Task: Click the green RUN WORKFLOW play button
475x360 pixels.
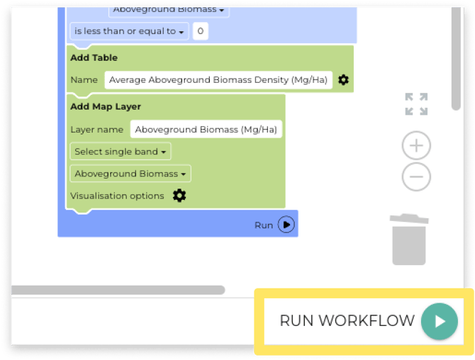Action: click(x=440, y=321)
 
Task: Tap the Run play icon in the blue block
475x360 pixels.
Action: click(x=286, y=225)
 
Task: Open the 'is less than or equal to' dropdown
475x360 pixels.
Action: click(x=129, y=31)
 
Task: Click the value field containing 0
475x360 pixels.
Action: click(x=200, y=31)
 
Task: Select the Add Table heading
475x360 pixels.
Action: click(x=94, y=57)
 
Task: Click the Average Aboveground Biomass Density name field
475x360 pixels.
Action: click(x=218, y=80)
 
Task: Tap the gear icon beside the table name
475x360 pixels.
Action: click(x=343, y=80)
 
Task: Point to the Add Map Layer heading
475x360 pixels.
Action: click(x=106, y=106)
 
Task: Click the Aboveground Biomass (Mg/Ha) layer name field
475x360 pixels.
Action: click(x=206, y=130)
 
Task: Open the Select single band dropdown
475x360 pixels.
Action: click(x=121, y=152)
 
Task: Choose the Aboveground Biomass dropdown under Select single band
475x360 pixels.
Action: click(x=130, y=174)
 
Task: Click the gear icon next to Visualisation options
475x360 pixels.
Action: click(x=179, y=196)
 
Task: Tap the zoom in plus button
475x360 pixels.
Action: click(x=416, y=146)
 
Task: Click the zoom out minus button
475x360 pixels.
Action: click(x=416, y=176)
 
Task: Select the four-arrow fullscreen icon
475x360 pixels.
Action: click(x=416, y=104)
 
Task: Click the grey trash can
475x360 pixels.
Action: click(x=409, y=240)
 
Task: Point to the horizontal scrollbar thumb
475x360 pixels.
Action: click(x=118, y=290)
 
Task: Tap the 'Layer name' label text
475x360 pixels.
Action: click(x=97, y=130)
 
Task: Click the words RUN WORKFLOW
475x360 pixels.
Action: click(x=347, y=321)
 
